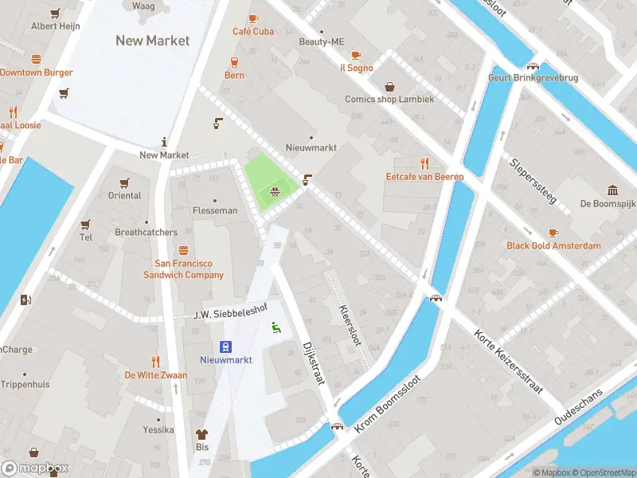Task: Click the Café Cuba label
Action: tap(253, 32)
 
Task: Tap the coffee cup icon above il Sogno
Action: tap(356, 55)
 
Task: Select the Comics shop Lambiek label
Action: tap(389, 100)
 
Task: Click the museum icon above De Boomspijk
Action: tap(612, 190)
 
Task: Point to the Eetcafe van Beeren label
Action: tap(424, 177)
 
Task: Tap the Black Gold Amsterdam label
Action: tap(553, 245)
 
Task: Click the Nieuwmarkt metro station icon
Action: tap(227, 347)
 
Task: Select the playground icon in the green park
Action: tap(275, 191)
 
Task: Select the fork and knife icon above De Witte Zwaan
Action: tap(155, 361)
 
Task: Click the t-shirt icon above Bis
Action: tap(201, 434)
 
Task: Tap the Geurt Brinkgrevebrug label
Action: tap(533, 78)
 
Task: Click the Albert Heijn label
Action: tap(55, 25)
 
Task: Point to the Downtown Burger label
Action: tap(36, 72)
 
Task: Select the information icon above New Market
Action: tap(164, 141)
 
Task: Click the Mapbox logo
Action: tap(35, 468)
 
